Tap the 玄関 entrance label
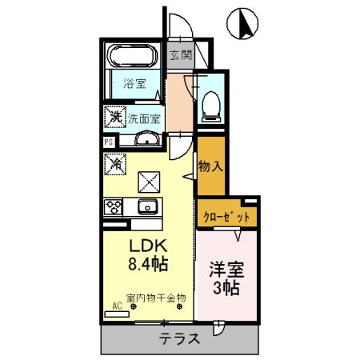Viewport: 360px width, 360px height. coord(180,56)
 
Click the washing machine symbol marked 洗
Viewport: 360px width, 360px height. coord(114,117)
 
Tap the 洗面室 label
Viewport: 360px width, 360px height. coord(145,117)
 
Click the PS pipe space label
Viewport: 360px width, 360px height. coord(108,143)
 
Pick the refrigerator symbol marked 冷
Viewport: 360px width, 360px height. coord(114,166)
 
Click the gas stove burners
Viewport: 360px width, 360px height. coord(112,206)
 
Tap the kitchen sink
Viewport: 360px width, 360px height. coord(147,208)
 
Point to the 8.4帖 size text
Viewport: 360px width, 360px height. coord(147,264)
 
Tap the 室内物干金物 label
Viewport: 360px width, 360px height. coord(154,298)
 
